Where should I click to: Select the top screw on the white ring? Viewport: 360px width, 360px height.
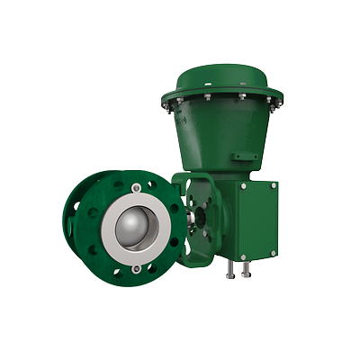[135, 187]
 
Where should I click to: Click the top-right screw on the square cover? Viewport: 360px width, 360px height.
[274, 185]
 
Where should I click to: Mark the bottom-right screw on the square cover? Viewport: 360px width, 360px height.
[274, 253]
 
